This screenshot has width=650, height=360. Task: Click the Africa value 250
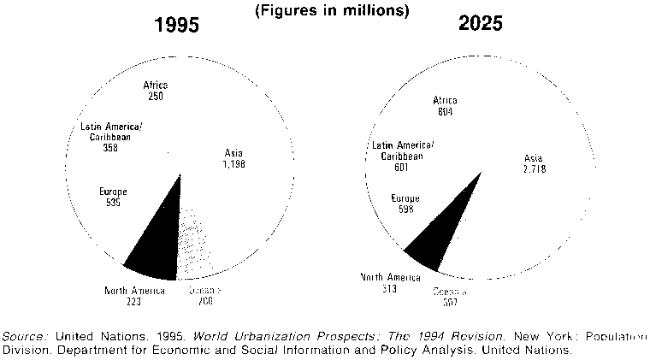[x=155, y=96]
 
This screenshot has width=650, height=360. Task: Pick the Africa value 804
[x=445, y=111]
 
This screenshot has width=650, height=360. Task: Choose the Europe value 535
[x=114, y=204]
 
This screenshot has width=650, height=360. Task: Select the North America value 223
[x=134, y=303]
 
